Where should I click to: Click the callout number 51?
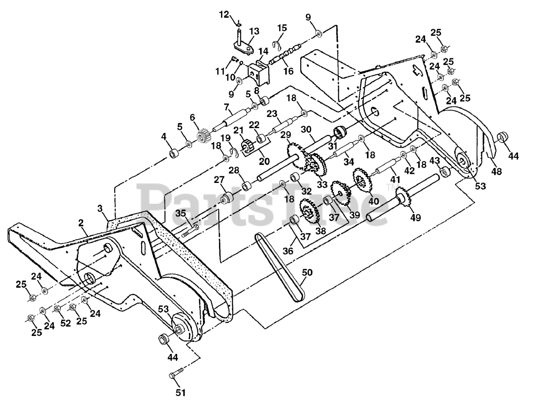pyautogui.click(x=180, y=392)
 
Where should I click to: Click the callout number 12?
pyautogui.click(x=224, y=15)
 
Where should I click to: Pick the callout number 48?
pyautogui.click(x=497, y=172)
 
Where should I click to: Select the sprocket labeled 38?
pyautogui.click(x=310, y=211)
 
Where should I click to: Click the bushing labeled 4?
pyautogui.click(x=174, y=154)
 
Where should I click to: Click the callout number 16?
pyautogui.click(x=288, y=71)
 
